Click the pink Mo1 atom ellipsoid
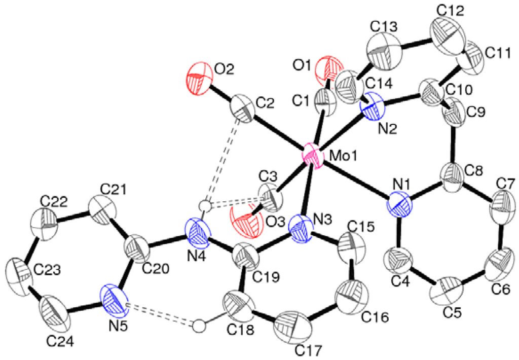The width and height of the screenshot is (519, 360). click(313, 158)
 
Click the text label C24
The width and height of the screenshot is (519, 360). click(60, 342)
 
